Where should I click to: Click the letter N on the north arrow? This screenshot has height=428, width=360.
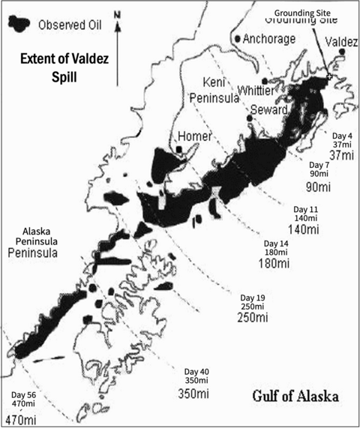coord(116,14)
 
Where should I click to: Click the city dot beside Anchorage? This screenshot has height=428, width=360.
coord(238,38)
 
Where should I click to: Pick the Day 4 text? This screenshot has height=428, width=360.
coord(341,135)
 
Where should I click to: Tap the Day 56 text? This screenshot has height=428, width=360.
coord(25,393)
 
